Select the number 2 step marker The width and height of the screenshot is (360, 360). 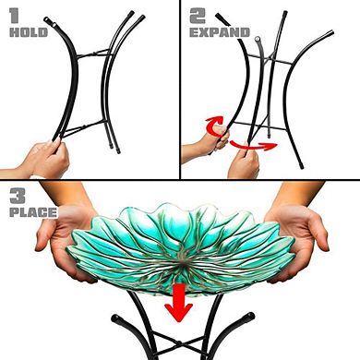pyautogui.click(x=196, y=16)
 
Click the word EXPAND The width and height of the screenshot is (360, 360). pyautogui.click(x=220, y=32)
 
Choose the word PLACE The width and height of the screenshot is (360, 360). pyautogui.click(x=30, y=215)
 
